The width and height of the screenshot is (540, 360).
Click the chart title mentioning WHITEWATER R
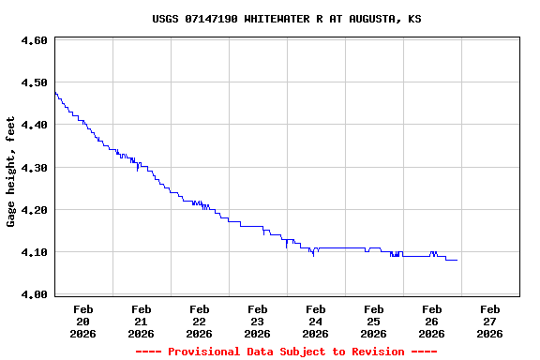(286, 19)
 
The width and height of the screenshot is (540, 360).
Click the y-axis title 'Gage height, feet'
(11, 172)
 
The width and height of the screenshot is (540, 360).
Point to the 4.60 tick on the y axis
(34, 40)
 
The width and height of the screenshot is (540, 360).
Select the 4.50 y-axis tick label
(34, 82)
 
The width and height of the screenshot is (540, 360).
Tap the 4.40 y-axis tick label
(34, 125)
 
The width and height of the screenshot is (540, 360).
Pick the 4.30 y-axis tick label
(34, 168)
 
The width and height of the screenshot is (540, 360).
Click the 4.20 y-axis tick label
(34, 210)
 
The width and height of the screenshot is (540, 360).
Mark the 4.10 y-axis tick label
(34, 252)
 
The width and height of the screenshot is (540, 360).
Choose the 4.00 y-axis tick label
(34, 294)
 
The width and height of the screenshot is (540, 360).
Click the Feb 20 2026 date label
(83, 321)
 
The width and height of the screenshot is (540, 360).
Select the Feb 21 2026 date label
(142, 321)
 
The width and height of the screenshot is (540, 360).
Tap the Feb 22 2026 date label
(200, 321)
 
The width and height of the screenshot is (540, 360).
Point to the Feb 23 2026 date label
(258, 321)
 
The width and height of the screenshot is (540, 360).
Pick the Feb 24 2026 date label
(316, 321)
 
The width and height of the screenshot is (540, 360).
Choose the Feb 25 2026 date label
(374, 321)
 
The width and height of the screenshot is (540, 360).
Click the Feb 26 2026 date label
(432, 321)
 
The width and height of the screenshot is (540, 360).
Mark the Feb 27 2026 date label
(490, 321)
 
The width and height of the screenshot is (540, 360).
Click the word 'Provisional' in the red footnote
(203, 352)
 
